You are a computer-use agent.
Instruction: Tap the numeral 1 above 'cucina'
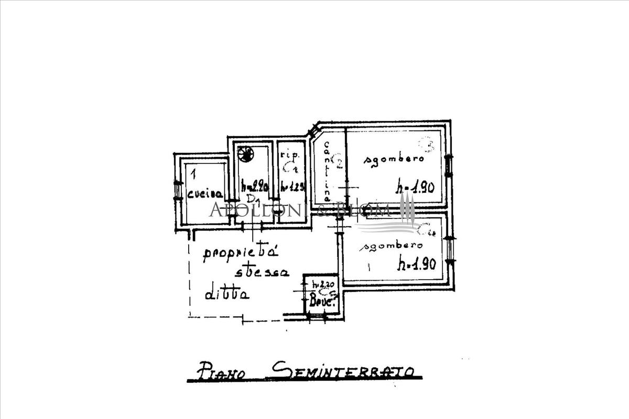[193, 172]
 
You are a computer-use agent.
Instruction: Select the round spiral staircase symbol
[245, 153]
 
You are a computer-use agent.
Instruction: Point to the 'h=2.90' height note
[254, 185]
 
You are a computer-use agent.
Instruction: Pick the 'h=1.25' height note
[292, 185]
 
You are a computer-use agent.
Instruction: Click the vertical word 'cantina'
[327, 172]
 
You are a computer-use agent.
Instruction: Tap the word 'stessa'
[262, 272]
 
